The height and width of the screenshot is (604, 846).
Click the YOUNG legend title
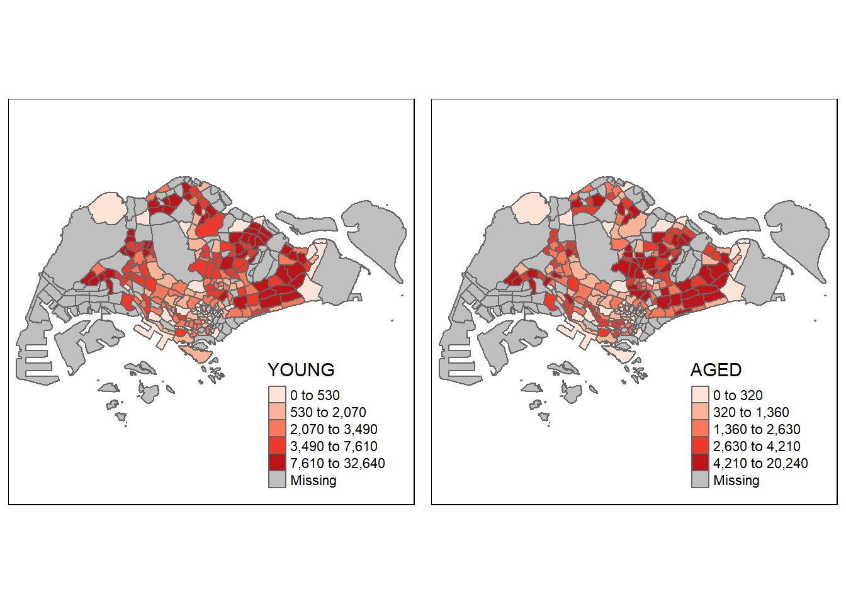click(301, 370)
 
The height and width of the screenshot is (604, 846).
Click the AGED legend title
click(716, 370)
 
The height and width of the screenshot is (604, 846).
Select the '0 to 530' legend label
click(315, 395)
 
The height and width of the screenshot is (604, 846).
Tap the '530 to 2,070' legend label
click(328, 412)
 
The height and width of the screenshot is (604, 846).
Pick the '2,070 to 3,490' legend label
click(334, 429)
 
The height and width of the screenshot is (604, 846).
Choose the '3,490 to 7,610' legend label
click(334, 446)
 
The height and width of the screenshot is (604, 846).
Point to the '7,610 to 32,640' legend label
click(337, 463)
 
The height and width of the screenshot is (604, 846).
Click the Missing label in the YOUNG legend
click(313, 480)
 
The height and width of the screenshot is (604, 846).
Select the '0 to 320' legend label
click(738, 395)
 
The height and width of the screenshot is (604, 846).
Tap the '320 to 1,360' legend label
click(751, 412)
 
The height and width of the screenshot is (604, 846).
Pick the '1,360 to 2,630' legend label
click(757, 429)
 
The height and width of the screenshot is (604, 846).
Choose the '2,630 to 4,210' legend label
click(757, 446)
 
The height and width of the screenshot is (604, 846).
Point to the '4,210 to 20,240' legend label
click(760, 463)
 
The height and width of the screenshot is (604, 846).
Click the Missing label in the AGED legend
click(736, 480)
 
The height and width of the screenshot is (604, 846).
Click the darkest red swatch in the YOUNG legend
click(278, 463)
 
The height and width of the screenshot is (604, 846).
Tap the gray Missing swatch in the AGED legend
click(701, 480)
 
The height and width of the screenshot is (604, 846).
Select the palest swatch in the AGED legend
click(701, 395)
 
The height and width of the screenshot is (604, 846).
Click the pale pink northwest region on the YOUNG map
click(107, 208)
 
